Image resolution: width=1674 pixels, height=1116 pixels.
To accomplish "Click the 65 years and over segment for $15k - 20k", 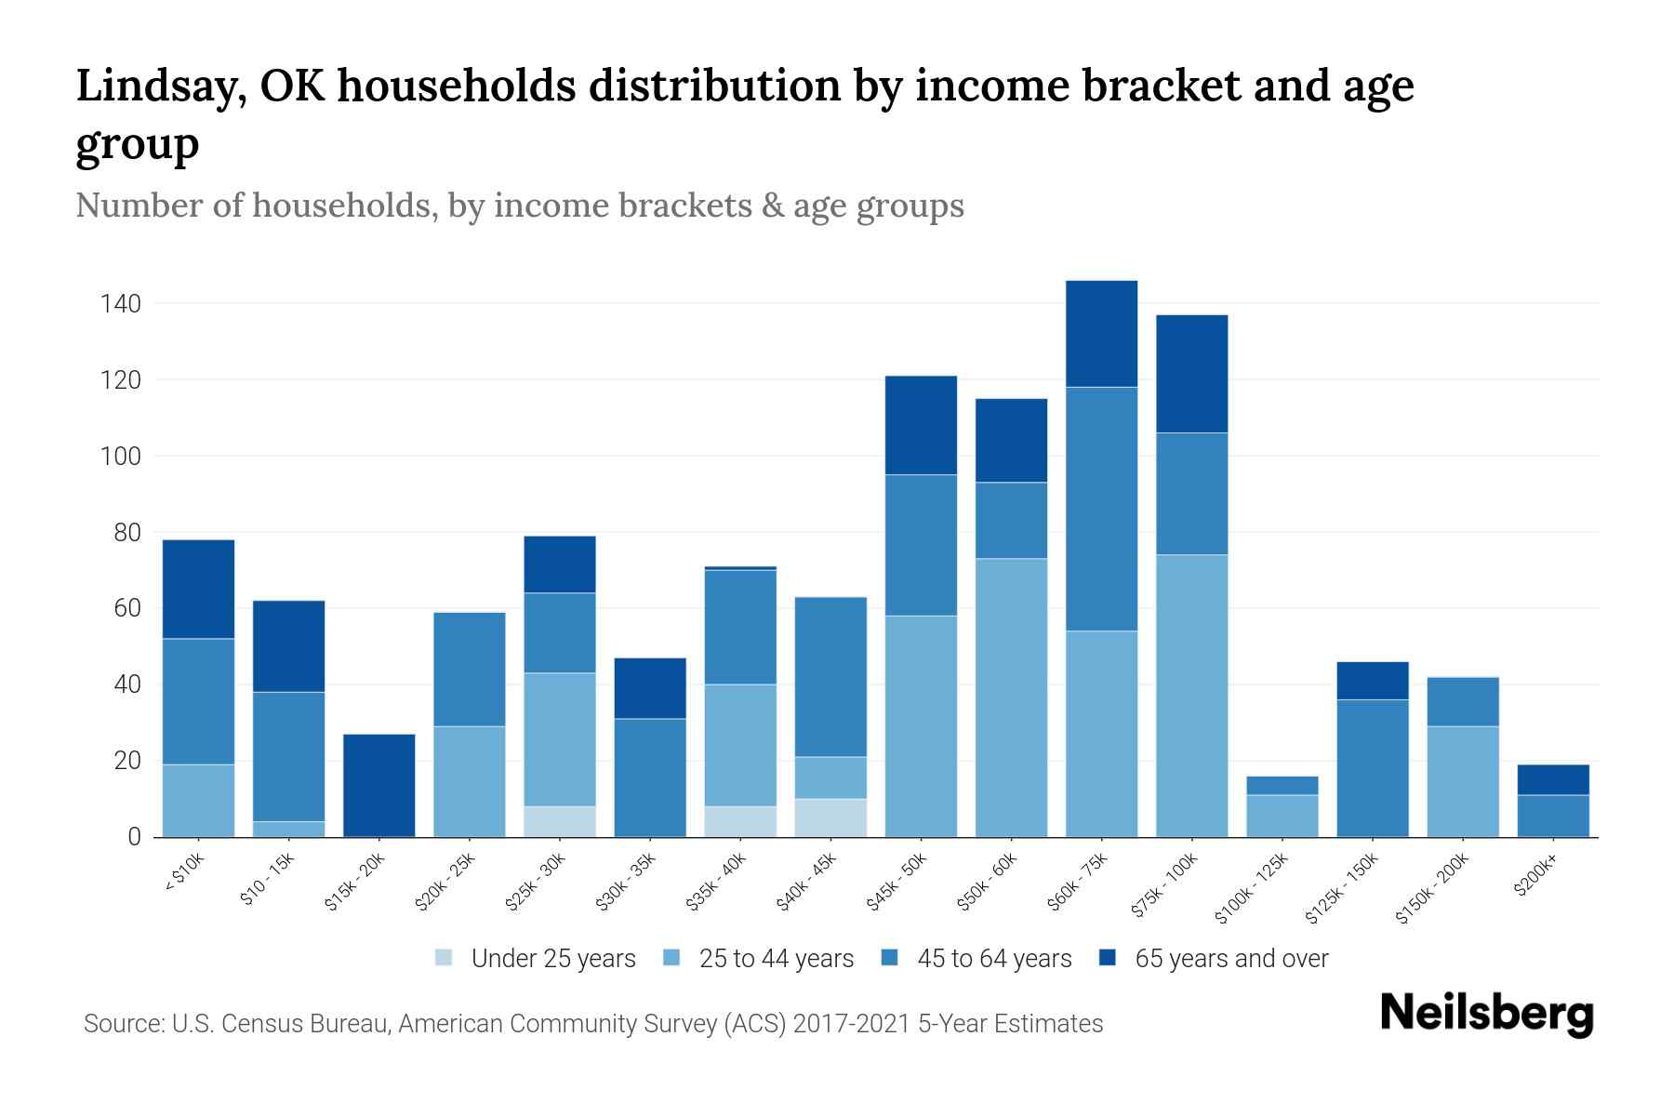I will point(379,785).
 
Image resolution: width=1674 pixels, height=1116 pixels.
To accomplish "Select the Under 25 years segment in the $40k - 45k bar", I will point(830,817).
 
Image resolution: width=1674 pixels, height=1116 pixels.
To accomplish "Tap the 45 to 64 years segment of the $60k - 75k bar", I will point(1101,509).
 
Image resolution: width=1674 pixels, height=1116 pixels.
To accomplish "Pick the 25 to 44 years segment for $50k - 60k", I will point(1011,697).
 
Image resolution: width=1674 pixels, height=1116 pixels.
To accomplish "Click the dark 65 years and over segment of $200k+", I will point(1553,779).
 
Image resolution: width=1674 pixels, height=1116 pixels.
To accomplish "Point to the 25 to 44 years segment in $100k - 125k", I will point(1282,816).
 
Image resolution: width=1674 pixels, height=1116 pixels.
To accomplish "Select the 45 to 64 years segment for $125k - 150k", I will point(1372,767).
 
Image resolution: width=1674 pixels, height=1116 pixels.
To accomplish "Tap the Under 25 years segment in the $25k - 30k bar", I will point(559,821).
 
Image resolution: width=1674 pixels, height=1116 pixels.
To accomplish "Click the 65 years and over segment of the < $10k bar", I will point(198,589).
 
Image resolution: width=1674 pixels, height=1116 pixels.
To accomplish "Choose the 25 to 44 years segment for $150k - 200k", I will point(1463,781).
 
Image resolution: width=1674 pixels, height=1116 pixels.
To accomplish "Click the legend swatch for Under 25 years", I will point(445,958).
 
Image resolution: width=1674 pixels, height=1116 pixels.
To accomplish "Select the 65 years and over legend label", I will point(1231,959).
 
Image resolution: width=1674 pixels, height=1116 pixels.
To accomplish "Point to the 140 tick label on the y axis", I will point(121,304).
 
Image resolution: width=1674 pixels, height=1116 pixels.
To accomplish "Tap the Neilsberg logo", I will point(1486,1014).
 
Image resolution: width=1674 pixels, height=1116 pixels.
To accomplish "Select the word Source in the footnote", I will point(122,1024).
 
